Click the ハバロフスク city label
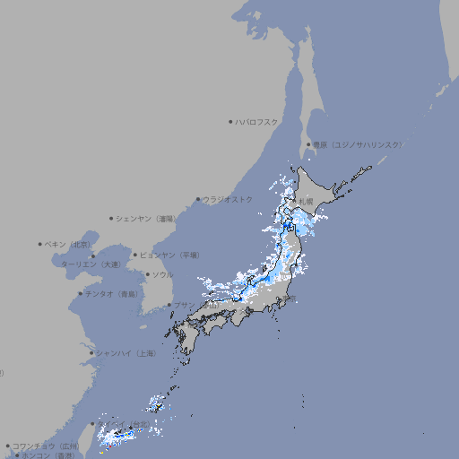click(257, 121)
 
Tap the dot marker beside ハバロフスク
click(230, 121)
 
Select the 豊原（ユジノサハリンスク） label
click(357, 144)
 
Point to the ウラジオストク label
click(228, 199)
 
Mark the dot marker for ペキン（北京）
click(40, 244)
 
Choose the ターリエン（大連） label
click(91, 264)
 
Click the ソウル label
click(162, 274)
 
